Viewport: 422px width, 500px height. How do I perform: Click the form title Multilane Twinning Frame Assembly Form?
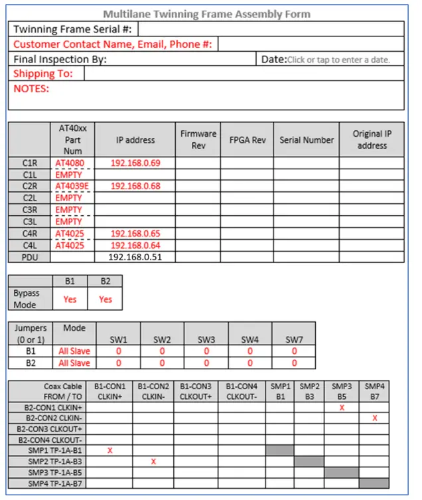206,14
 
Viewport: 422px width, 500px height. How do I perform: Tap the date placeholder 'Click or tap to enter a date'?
338,60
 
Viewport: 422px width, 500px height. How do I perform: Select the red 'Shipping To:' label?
43,74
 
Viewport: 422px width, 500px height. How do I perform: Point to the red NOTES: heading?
31,88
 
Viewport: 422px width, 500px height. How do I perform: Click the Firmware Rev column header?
198,139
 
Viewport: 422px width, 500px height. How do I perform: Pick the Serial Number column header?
307,140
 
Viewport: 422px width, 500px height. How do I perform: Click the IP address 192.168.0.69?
136,163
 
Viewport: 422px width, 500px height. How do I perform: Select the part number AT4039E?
72,186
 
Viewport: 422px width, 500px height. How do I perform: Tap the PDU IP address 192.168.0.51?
136,256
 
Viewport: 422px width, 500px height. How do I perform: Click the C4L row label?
30,245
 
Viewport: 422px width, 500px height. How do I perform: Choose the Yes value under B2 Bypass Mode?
105,299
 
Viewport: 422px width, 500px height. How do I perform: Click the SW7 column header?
293,340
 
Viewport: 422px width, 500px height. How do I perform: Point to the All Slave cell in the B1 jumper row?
74,351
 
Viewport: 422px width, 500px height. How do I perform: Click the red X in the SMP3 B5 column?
342,407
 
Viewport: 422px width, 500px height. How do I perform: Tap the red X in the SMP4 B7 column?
375,418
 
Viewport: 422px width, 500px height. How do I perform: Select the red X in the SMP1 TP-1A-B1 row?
109,450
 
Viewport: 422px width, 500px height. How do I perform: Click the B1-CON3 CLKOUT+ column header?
197,391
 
